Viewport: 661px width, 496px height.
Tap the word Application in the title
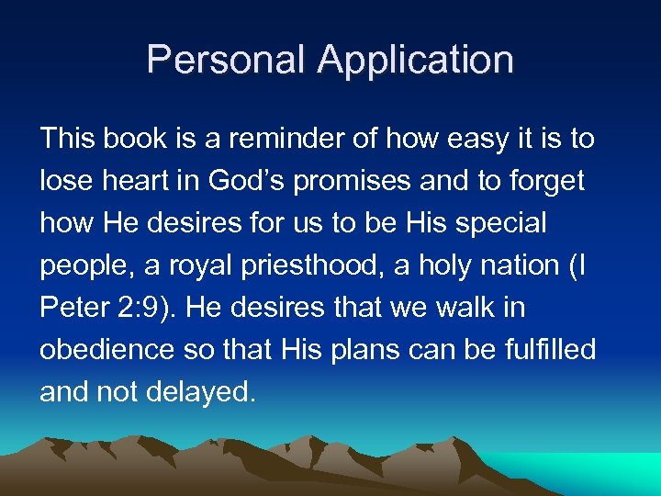click(x=416, y=62)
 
